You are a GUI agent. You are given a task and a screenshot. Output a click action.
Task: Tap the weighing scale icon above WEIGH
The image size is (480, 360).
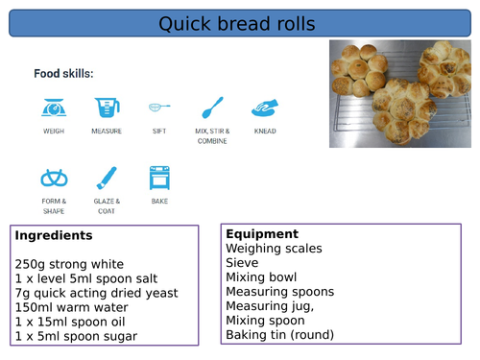[54, 107]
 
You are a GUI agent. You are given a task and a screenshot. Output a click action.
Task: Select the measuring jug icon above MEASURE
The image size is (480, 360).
[107, 107]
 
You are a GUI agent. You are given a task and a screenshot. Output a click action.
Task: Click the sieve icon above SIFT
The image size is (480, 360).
[159, 107]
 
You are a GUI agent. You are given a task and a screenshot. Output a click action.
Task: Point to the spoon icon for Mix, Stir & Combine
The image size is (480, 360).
[212, 107]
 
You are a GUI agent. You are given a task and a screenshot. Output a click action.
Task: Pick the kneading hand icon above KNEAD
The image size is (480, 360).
[265, 107]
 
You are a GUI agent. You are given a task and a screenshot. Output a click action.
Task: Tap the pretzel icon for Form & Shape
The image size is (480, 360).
[54, 178]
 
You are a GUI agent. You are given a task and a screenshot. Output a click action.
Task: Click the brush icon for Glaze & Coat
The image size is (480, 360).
[107, 178]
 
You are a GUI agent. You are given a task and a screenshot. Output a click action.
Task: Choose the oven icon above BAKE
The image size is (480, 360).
[159, 178]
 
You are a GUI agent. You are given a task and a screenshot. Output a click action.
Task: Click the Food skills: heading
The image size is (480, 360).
[63, 74]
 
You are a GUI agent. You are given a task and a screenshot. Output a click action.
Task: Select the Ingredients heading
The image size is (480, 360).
[54, 235]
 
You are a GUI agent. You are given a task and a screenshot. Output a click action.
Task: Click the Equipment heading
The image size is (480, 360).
[260, 233]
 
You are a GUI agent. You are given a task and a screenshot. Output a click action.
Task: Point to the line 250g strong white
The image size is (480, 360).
[70, 264]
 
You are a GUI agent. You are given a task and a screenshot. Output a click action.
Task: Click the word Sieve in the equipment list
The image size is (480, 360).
[242, 262]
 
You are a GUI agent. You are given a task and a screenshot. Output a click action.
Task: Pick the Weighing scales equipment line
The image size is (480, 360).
[274, 248]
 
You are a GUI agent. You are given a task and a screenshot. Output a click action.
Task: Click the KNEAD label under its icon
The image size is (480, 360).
[265, 131]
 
